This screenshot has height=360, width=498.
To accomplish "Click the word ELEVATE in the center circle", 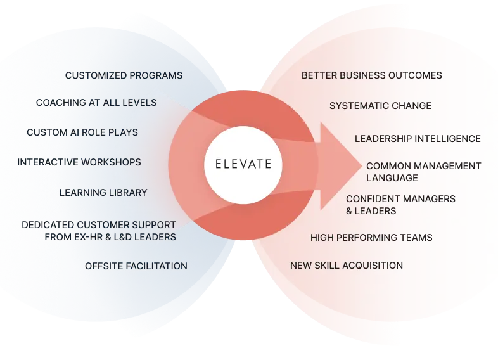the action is [238, 164].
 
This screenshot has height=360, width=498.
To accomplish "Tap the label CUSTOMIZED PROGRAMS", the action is [124, 75].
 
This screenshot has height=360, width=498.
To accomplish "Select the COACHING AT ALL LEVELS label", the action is [96, 103].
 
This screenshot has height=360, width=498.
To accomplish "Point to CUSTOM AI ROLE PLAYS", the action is [82, 132].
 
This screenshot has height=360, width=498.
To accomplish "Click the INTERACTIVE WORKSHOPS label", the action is [79, 162].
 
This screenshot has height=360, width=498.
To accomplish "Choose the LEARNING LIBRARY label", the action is [103, 192].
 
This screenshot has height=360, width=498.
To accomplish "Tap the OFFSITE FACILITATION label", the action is [136, 266].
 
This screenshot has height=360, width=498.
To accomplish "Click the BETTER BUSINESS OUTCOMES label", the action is [372, 75].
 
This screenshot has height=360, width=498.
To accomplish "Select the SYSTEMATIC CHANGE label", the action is [380, 106].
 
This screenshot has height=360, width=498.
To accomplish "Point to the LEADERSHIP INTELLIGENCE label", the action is [418, 139].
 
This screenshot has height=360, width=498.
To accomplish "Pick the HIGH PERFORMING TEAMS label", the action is [371, 238].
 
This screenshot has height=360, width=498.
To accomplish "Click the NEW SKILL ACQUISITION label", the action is [347, 265].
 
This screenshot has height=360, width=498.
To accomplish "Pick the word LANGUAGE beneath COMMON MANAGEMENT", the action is [392, 178].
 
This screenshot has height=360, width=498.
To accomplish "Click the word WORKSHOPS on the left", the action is [114, 162].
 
